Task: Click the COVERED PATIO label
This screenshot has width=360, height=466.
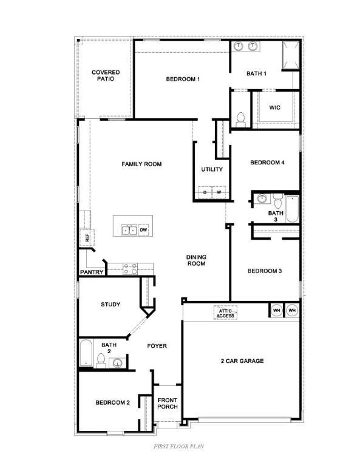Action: tap(106, 75)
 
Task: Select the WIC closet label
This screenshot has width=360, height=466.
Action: tap(274, 107)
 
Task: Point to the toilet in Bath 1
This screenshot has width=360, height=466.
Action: tap(239, 120)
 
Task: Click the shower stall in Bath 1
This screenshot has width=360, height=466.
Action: tap(289, 55)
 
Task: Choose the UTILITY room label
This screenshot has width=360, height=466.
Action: tap(211, 169)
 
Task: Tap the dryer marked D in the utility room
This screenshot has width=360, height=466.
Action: tap(205, 193)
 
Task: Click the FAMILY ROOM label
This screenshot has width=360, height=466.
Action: tap(141, 164)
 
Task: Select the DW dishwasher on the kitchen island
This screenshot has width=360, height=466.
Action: tap(144, 230)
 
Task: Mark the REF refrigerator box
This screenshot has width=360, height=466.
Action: tap(87, 238)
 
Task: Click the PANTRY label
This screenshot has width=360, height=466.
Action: tap(92, 272)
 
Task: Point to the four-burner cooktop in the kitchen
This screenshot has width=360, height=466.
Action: tap(130, 268)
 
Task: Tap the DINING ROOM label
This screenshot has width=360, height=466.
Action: tap(195, 260)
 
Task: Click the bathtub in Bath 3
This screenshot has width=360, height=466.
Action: tap(292, 209)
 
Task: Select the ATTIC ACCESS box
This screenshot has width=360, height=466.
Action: tap(225, 313)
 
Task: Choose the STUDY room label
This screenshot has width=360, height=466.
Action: tap(110, 305)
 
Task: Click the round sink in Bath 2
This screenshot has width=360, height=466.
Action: tap(118, 363)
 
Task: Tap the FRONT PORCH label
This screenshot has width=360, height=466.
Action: tap(167, 404)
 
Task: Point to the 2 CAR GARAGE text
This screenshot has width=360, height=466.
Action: tap(242, 361)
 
